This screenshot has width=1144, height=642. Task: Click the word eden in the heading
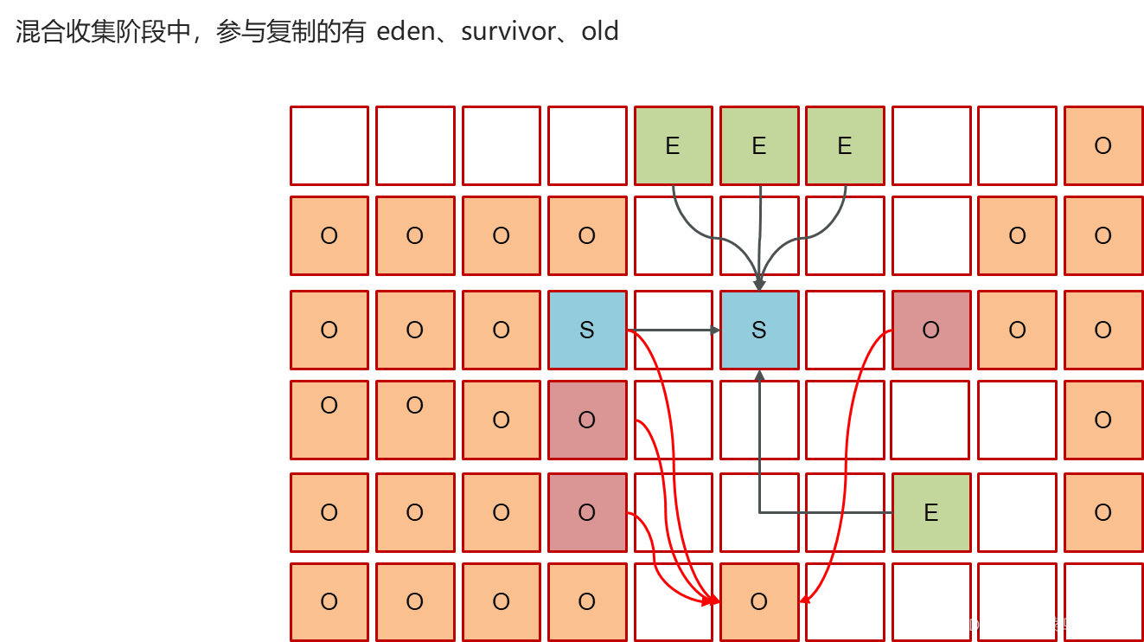(409, 32)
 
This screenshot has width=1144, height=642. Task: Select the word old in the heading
(600, 32)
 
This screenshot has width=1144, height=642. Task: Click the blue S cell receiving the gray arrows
(758, 330)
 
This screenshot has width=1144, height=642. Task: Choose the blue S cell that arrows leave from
(587, 330)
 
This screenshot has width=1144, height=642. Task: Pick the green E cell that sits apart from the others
(930, 512)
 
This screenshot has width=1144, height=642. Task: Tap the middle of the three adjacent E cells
(758, 145)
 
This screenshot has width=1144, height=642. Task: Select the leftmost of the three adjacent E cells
(673, 145)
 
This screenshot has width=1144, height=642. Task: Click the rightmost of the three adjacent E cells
(844, 145)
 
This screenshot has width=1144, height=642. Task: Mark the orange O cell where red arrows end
(758, 601)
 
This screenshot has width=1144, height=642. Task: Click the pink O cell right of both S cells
(930, 330)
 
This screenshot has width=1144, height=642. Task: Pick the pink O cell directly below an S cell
(587, 420)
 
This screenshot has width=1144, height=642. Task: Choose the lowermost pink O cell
(587, 512)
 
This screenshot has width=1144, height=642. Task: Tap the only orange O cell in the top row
(1102, 145)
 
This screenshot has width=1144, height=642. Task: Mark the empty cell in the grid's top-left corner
(329, 145)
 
